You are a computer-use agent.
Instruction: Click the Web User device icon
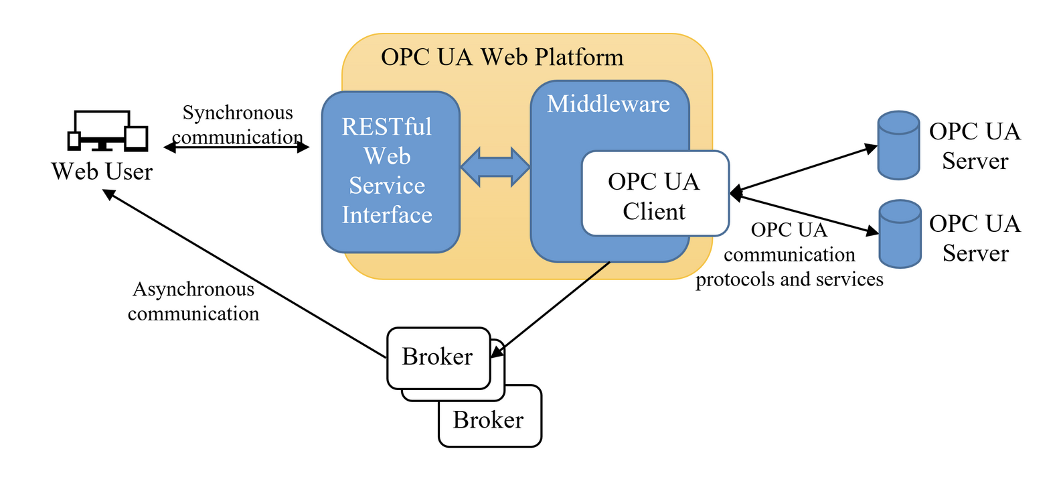click(107, 131)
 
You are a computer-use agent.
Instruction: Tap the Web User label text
click(102, 172)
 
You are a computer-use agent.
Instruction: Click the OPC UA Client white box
click(655, 194)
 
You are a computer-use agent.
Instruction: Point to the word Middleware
click(608, 105)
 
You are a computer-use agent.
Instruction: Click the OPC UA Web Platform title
click(502, 58)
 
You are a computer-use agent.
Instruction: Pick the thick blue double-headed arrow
click(495, 167)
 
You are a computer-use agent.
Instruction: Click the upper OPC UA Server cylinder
click(898, 145)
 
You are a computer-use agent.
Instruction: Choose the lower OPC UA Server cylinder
click(900, 234)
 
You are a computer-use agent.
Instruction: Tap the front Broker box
click(438, 357)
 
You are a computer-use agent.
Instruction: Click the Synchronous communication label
click(238, 125)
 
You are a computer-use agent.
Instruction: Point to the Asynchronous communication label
click(193, 302)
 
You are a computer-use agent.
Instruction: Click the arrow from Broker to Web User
click(241, 272)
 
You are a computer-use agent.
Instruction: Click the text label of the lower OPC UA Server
click(975, 239)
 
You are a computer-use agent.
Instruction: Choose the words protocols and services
click(789, 279)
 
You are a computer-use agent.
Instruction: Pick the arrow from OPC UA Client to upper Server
click(803, 170)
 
